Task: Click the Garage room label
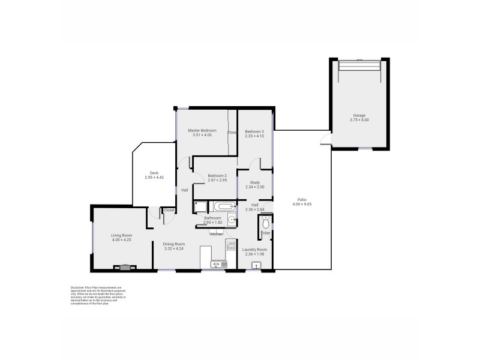(359, 115)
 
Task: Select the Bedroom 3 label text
(254, 131)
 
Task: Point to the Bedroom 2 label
(200, 175)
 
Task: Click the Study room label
(254, 182)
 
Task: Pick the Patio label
(301, 199)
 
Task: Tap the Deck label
(154, 173)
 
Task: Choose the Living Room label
(122, 235)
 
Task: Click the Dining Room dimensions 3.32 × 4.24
(175, 249)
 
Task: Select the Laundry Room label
(254, 249)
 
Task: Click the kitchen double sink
(217, 264)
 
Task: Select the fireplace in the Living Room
(125, 268)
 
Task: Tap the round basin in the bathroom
(231, 219)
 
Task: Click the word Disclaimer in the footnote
(79, 287)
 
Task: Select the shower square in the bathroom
(200, 208)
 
